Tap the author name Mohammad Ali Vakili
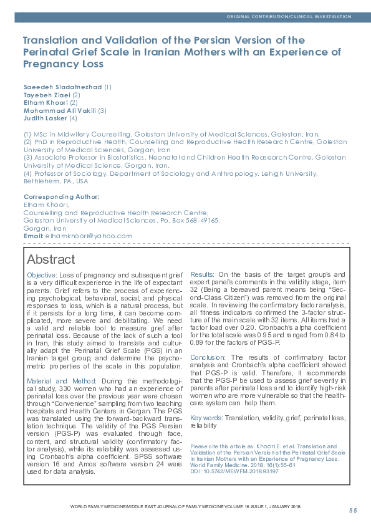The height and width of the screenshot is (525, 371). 60,110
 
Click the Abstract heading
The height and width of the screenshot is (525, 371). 51,259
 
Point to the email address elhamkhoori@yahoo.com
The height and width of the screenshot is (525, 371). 89,236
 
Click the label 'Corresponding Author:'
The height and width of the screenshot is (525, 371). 61,196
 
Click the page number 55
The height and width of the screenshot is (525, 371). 353,511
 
